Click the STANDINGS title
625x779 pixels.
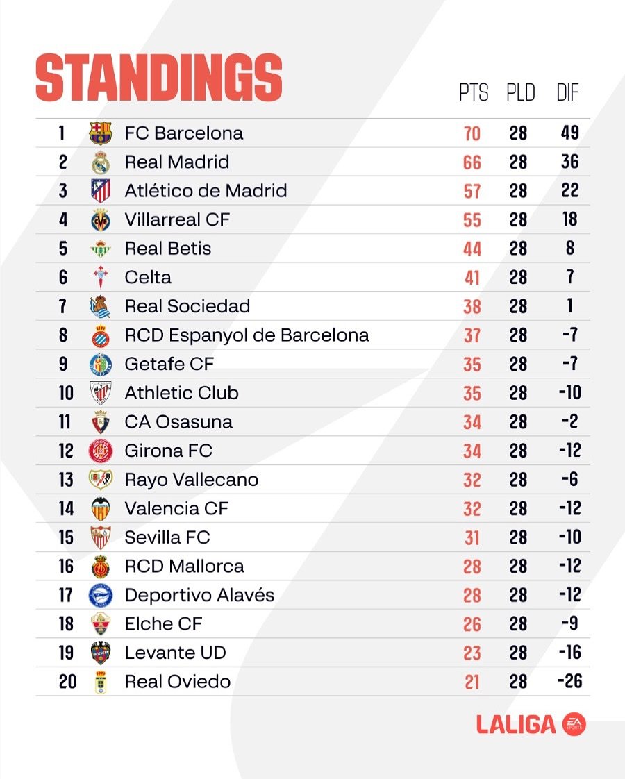[x=159, y=78]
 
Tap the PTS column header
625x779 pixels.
[x=474, y=92]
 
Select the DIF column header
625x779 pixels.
[x=567, y=92]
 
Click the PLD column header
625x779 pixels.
[x=521, y=92]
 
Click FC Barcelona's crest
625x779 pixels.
[x=101, y=133]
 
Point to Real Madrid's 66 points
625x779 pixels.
[x=472, y=162]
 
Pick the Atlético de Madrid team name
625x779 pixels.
[x=206, y=191]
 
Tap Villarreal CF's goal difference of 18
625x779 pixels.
[x=570, y=219]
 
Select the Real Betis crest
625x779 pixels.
[x=101, y=249]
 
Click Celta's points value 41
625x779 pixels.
[x=472, y=278]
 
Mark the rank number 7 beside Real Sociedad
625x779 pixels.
[x=62, y=306]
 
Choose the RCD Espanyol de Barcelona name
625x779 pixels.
[x=247, y=335]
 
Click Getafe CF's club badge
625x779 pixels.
[x=101, y=365]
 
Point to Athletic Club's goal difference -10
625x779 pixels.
[x=570, y=392]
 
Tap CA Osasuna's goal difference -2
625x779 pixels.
[x=570, y=421]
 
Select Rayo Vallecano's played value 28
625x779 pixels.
[x=518, y=480]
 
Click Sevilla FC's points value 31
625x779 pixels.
[x=472, y=537]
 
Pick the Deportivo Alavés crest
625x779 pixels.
[x=101, y=595]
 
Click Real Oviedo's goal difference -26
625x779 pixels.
[x=569, y=681]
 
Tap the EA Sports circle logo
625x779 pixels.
[x=574, y=725]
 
